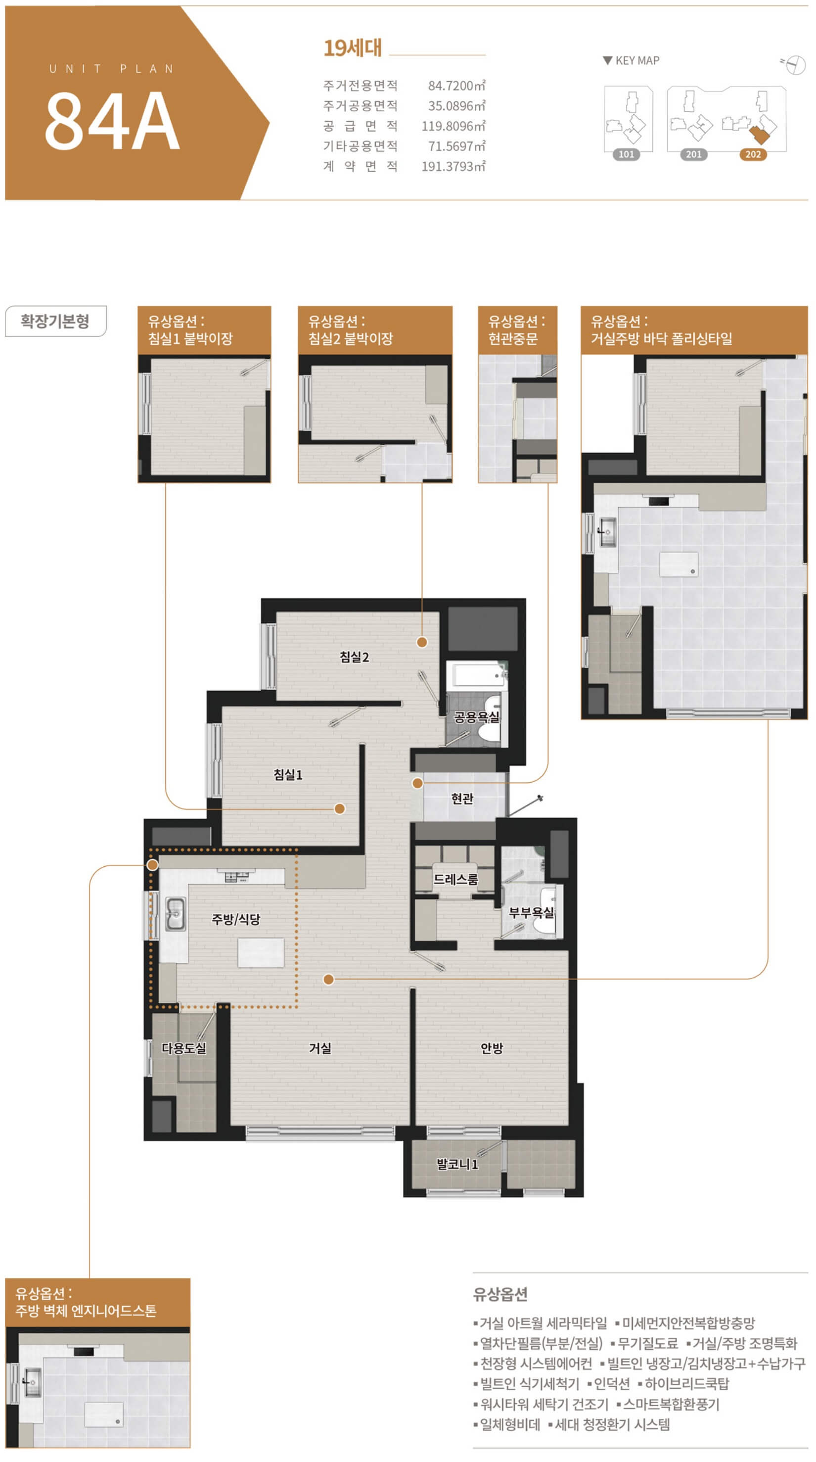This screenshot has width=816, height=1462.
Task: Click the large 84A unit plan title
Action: [112, 121]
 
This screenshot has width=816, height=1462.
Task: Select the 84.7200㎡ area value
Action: [457, 86]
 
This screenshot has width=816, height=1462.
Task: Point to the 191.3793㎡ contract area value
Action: [453, 166]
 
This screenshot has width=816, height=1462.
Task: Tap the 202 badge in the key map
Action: [753, 154]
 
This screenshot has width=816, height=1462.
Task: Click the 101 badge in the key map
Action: [627, 154]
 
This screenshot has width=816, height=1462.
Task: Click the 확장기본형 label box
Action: [55, 321]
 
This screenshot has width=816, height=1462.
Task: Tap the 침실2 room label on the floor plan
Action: [354, 657]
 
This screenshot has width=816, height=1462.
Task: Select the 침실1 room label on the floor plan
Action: [288, 775]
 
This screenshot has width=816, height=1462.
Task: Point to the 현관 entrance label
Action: [462, 799]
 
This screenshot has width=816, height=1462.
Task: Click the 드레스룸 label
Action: [455, 880]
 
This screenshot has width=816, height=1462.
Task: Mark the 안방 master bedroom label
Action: [492, 1049]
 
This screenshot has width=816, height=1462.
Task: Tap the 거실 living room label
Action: [320, 1049]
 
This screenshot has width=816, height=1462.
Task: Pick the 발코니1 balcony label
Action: [457, 1165]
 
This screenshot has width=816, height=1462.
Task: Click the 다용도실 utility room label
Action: [184, 1049]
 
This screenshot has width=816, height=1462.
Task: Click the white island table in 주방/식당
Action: [261, 953]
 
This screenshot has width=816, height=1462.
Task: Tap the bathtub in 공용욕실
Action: [478, 675]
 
